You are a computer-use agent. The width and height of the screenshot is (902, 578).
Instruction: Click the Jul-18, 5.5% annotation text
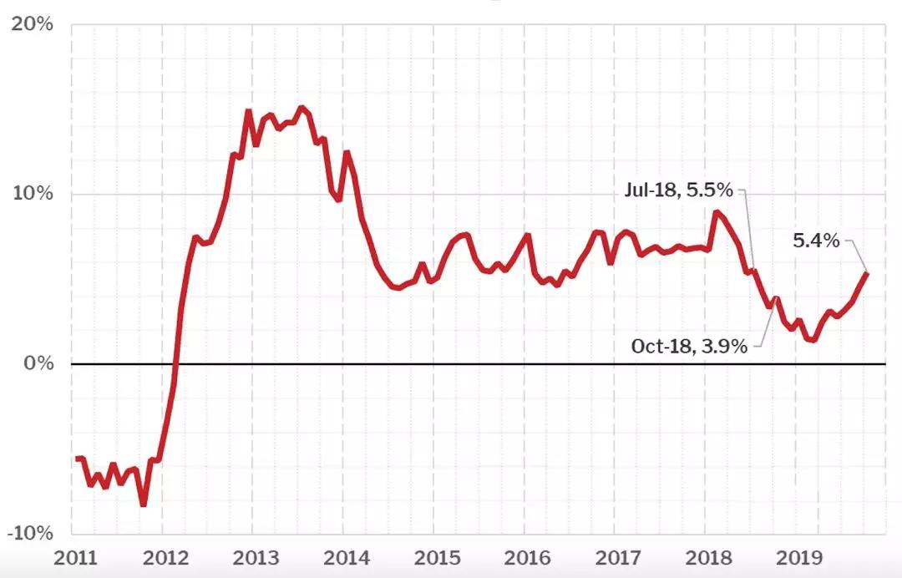[x=678, y=190]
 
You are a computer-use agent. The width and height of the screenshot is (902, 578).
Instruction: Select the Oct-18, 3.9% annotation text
[x=689, y=346]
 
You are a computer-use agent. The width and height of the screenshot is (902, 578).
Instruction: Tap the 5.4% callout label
[x=816, y=241]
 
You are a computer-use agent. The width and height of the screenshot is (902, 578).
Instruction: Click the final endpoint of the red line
[x=866, y=274]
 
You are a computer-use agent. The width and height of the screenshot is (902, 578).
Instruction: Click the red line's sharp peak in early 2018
[x=716, y=212]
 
